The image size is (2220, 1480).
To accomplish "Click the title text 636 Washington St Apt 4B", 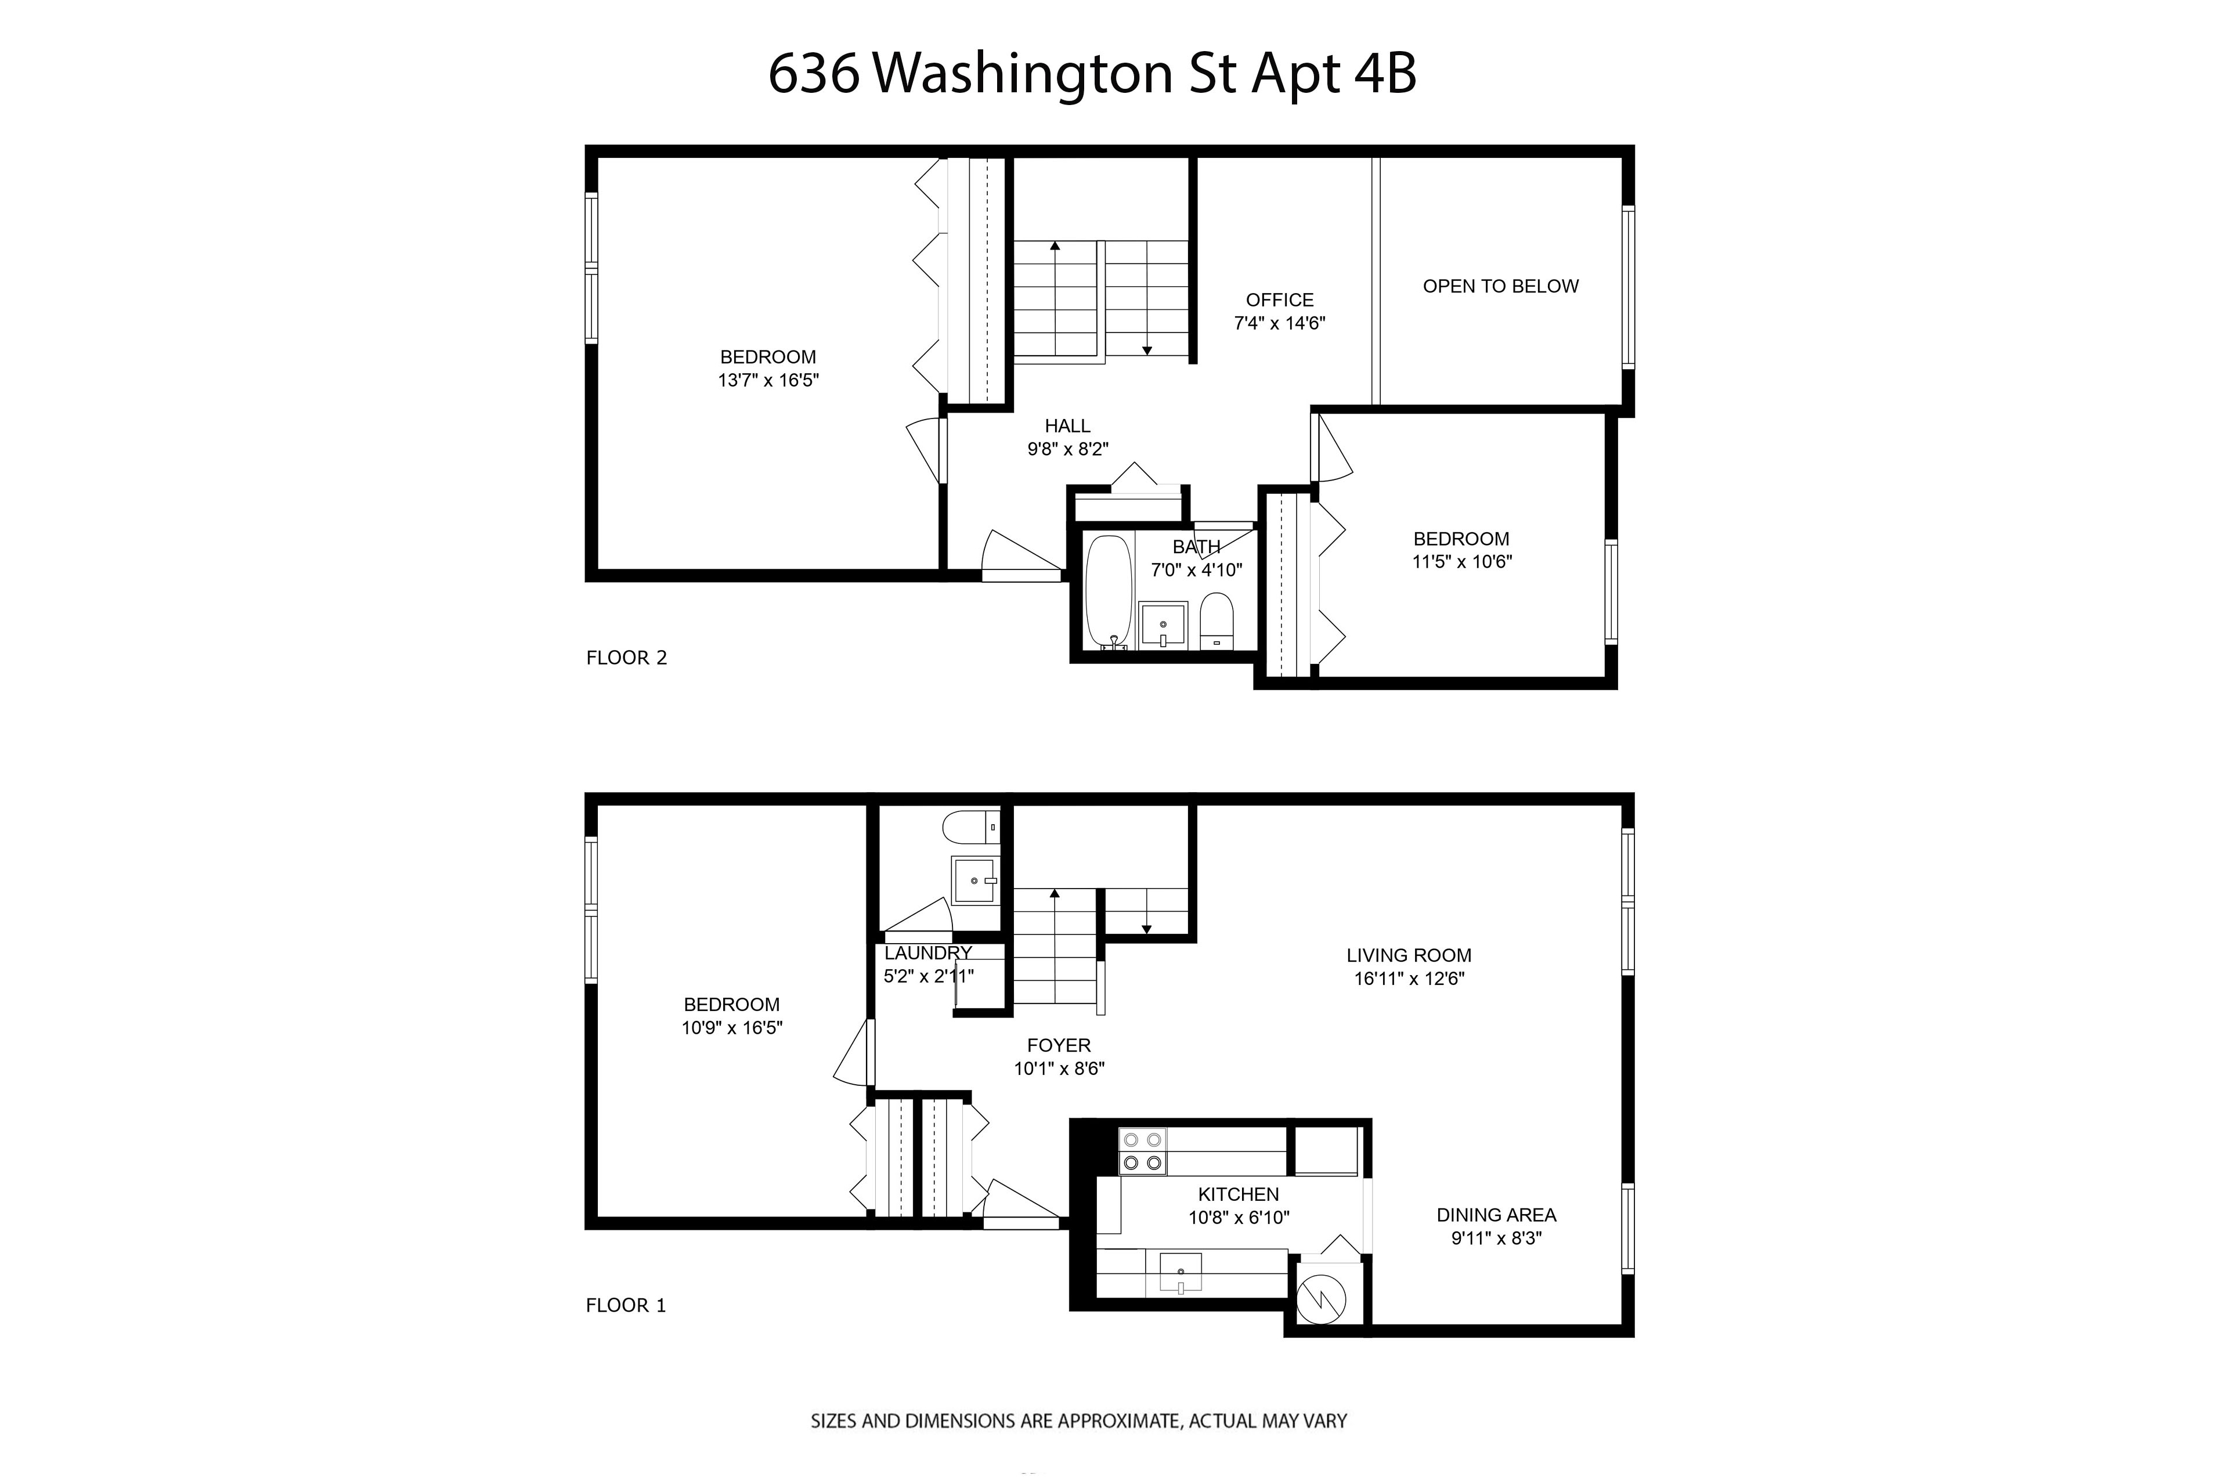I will [1092, 74].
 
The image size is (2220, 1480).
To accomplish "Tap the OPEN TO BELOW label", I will [1500, 286].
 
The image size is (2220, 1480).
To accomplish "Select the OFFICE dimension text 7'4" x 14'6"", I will [1279, 323].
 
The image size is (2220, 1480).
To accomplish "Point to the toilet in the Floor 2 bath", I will [1217, 620].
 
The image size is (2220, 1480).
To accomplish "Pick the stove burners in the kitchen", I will [1142, 1151].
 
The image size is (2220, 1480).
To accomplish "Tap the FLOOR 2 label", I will [626, 658].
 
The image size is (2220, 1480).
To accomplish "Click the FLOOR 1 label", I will [626, 1305].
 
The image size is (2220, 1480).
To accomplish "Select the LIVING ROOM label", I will [1408, 955].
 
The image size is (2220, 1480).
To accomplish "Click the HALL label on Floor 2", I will [1067, 425].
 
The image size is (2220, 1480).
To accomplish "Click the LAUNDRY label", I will [927, 954].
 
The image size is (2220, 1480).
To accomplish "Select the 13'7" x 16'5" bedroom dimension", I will [767, 380].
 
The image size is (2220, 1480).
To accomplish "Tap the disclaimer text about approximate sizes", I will [1078, 1421].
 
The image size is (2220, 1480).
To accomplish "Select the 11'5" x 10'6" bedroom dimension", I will [1461, 562].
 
